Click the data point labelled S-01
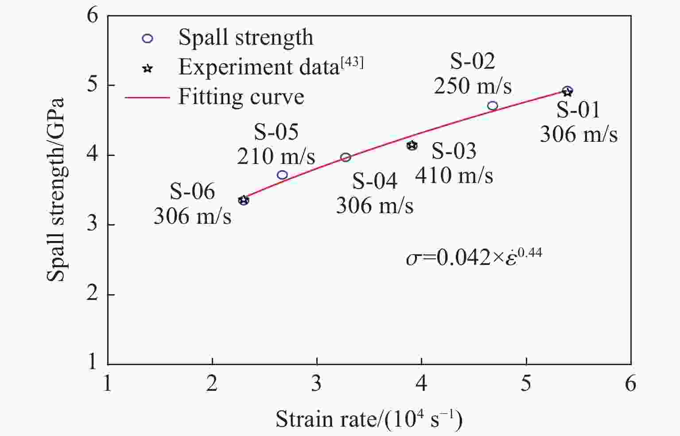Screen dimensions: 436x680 (567, 91)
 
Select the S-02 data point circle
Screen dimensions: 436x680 (493, 106)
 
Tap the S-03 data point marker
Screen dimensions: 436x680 (412, 145)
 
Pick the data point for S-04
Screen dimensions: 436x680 (346, 157)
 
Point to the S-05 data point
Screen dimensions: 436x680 (282, 175)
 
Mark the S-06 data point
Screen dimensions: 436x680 (243, 200)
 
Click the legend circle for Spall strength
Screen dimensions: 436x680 (148, 39)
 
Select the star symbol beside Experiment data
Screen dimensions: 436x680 (148, 68)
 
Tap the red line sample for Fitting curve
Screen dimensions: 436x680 (148, 97)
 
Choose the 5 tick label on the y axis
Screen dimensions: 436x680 (92, 85)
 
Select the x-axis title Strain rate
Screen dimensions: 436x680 (369, 419)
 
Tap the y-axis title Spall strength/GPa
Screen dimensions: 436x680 (56, 190)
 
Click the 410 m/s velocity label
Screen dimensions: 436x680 (454, 175)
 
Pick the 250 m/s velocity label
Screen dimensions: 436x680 (473, 86)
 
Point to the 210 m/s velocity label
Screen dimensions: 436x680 (276, 156)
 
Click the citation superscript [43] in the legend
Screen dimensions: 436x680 (352, 63)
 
